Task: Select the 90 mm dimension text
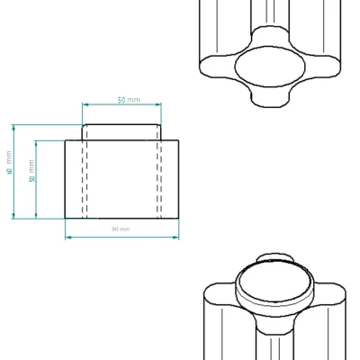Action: point(121,229)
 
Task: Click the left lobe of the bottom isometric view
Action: point(216,310)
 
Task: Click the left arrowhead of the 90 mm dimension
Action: point(67,237)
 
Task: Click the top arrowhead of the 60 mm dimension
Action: point(13,126)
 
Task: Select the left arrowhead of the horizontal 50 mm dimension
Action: point(85,105)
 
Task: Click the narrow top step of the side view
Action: point(121,131)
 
